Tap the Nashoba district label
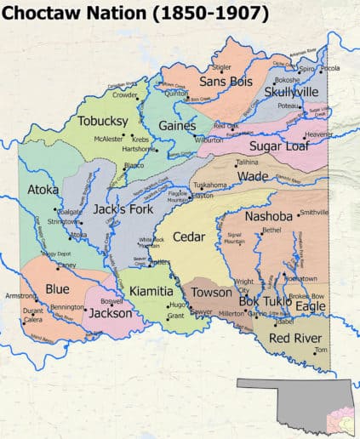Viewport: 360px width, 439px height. coord(268,216)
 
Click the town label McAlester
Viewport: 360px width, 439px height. coord(109,138)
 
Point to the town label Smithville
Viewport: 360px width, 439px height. coord(314,212)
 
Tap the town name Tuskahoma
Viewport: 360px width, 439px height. coord(209,185)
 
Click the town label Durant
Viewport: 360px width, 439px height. coord(33,311)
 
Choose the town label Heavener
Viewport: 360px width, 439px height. coord(319,134)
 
